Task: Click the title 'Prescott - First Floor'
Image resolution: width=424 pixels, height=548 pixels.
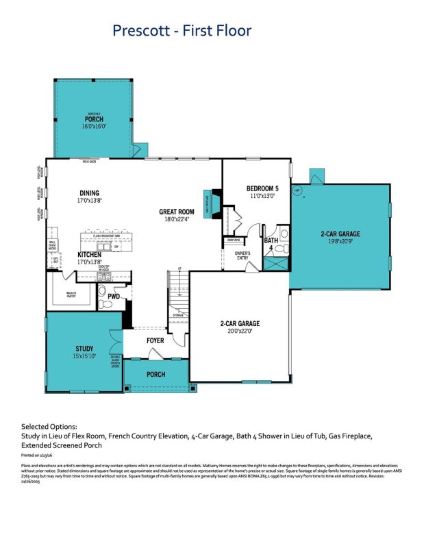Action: [182, 30]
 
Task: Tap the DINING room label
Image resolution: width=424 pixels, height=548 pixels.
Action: [89, 193]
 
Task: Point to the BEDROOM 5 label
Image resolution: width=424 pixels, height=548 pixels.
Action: [262, 188]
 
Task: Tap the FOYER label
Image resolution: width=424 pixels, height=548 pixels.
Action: [155, 340]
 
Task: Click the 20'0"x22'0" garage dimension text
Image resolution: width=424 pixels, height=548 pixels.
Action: [240, 330]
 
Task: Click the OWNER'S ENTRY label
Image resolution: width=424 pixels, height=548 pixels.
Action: [242, 256]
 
